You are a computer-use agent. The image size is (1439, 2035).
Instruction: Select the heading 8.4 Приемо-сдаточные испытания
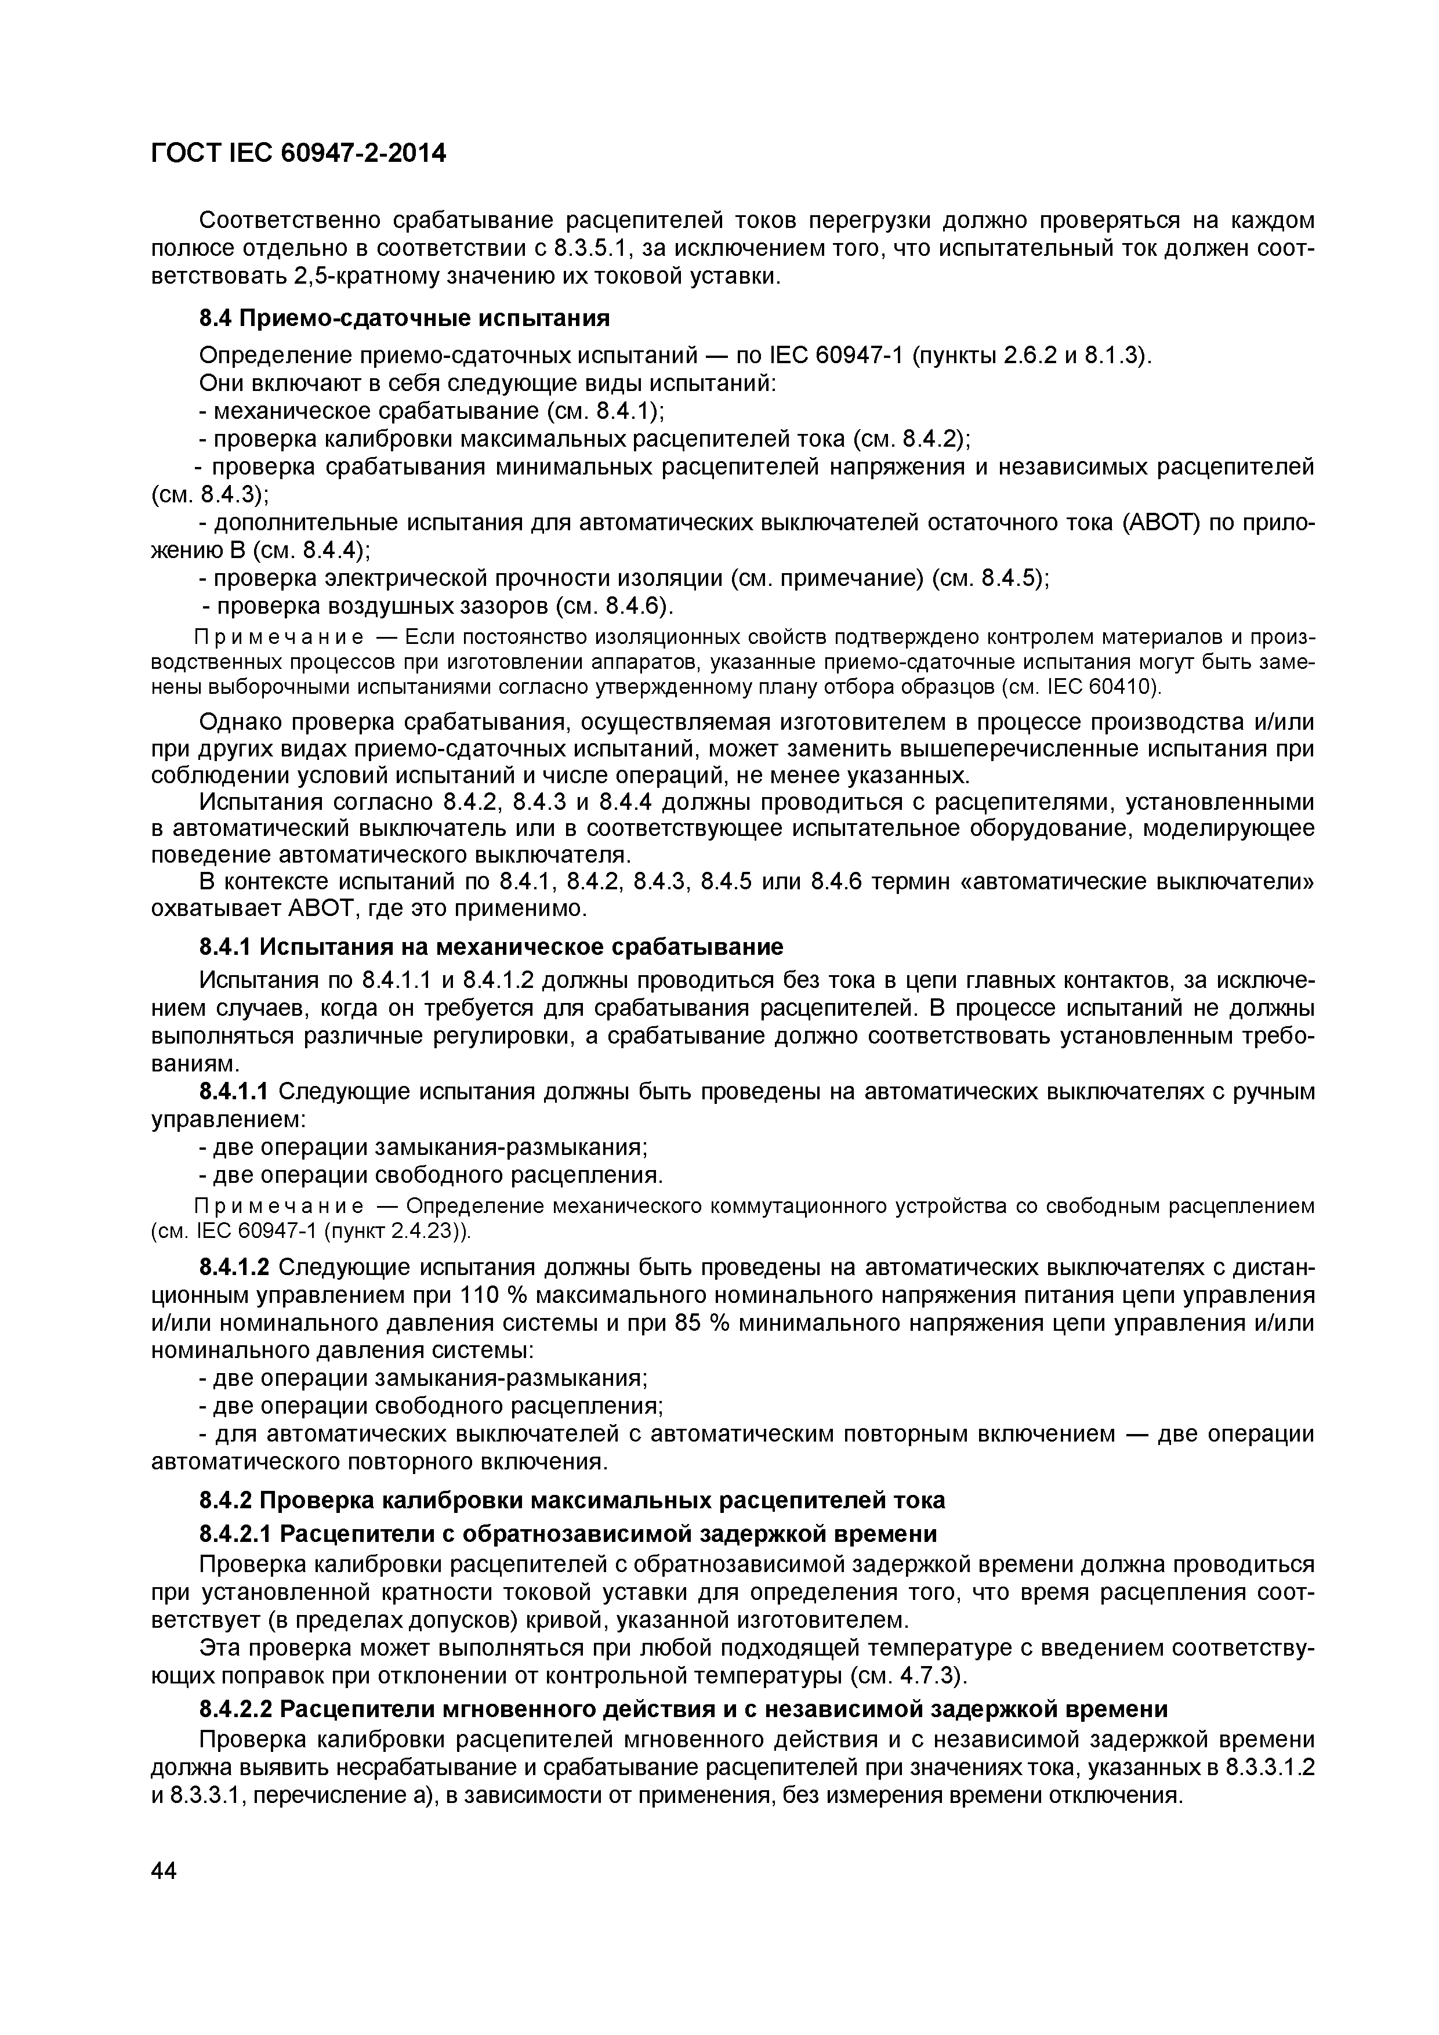(404, 317)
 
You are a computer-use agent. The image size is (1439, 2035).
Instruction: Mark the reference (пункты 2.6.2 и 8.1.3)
(1031, 356)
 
